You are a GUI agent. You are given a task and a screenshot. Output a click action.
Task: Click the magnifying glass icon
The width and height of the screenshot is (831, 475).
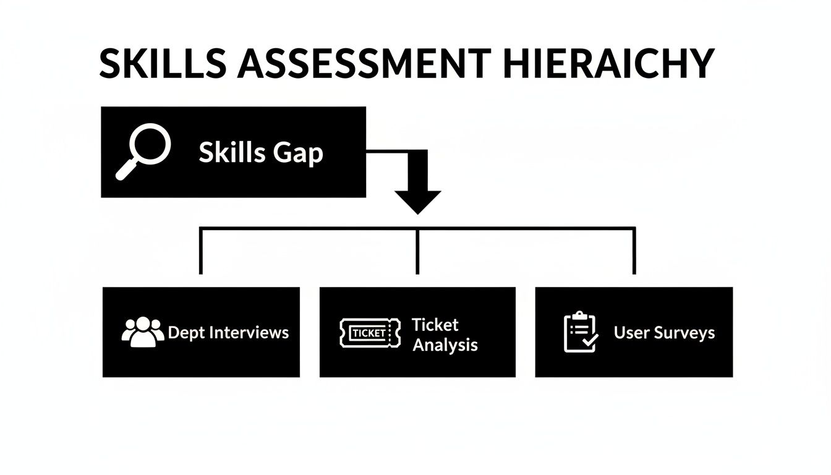coord(144,150)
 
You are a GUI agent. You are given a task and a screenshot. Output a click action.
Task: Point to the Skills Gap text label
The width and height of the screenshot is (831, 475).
coord(260,152)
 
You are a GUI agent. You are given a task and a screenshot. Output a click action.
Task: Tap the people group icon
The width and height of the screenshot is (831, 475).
coord(143,332)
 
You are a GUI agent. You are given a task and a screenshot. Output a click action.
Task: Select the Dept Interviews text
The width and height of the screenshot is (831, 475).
coord(228,333)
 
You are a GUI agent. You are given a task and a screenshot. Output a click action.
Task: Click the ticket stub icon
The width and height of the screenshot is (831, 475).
coord(367,333)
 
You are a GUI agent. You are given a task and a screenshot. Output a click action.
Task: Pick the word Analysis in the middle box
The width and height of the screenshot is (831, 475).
coord(445,344)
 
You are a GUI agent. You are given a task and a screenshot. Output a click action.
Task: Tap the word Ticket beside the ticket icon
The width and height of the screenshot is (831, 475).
coord(435,325)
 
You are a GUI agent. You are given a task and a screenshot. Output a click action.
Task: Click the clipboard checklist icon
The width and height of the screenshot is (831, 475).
coord(581,332)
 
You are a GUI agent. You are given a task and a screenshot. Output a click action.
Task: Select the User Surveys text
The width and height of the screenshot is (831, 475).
coord(664,333)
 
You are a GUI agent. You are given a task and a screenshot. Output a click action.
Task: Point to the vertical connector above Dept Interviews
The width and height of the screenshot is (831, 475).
coord(200,251)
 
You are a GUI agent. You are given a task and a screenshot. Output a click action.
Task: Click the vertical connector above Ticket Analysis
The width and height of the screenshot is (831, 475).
coord(417,251)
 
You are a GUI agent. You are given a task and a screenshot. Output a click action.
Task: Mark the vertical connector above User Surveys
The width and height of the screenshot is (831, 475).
coord(634,251)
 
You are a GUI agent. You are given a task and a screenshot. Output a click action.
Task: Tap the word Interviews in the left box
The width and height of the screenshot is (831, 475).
coord(249,333)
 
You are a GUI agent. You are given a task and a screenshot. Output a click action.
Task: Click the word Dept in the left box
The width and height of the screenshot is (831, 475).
coord(187,333)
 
